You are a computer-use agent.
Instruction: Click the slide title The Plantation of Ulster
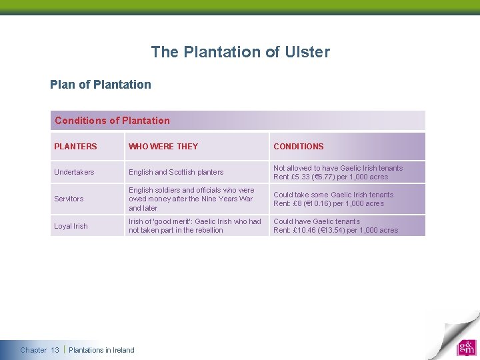coord(240,52)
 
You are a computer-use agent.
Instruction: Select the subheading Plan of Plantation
coord(101,85)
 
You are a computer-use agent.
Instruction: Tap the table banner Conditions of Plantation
coord(112,121)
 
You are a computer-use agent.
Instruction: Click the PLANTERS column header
coord(75,147)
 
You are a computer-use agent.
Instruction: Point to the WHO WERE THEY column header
coord(163,147)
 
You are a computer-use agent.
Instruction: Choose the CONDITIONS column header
coord(298,147)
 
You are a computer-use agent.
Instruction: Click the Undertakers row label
coord(74,173)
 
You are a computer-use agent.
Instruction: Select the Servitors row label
coord(69,199)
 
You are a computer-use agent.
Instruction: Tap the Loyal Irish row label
coord(71,226)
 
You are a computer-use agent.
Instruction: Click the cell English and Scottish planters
coord(176,173)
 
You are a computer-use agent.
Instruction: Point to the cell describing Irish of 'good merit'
coord(195,226)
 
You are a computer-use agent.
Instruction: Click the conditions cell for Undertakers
coord(338,173)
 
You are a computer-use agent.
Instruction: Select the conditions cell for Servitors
coord(333,199)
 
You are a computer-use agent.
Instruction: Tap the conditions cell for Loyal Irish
coord(335,226)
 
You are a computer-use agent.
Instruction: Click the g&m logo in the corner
coord(466,347)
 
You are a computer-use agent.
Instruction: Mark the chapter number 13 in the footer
coord(55,350)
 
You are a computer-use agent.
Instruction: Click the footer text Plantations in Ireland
coord(101,350)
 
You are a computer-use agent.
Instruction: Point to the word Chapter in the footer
coord(33,350)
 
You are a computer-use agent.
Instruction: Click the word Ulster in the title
coord(307,52)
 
